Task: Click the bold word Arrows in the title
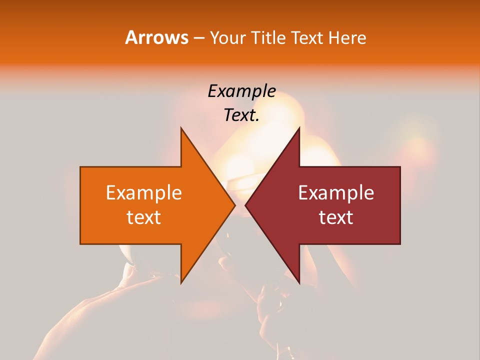point(156,37)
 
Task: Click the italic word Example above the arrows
point(241,91)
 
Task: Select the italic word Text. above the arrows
point(241,115)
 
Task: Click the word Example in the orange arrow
point(143,193)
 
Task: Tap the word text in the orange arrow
point(143,217)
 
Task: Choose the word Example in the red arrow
point(336,193)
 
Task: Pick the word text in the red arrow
point(336,217)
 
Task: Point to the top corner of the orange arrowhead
point(181,128)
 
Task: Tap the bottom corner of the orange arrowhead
point(181,283)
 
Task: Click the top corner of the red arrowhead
point(299,128)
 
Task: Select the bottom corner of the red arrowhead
point(299,283)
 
